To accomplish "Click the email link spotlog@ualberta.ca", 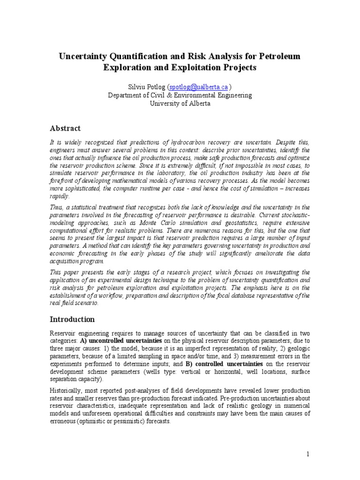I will click(192, 87).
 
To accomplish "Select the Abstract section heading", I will click(65, 128).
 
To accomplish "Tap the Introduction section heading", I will click(72, 319).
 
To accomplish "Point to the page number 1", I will click(307, 454).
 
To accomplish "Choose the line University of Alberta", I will click(180, 104).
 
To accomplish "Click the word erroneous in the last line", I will click(65, 421).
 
